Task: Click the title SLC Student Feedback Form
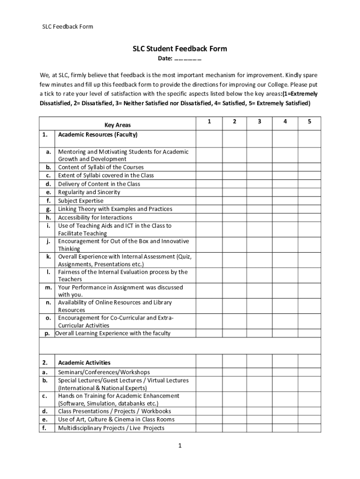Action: pos(180,49)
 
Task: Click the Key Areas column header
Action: pos(117,125)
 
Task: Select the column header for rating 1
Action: pos(209,122)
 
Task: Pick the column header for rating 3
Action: pos(259,122)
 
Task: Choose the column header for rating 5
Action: pos(309,122)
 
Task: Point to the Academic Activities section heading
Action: pos(84,363)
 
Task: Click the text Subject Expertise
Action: pos(81,201)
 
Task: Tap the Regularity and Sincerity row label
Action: pos(89,192)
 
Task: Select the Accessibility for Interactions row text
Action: pos(95,218)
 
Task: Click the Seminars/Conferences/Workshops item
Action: pos(104,372)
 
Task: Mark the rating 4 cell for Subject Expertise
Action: pos(284,201)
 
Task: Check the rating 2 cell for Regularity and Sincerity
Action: pos(234,192)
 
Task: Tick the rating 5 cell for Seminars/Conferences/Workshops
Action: pos(309,372)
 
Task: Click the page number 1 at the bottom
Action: pos(180,446)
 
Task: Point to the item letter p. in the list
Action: pos(47,334)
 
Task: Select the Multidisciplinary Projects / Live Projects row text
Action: pos(111,428)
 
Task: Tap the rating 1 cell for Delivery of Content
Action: pos(209,184)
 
